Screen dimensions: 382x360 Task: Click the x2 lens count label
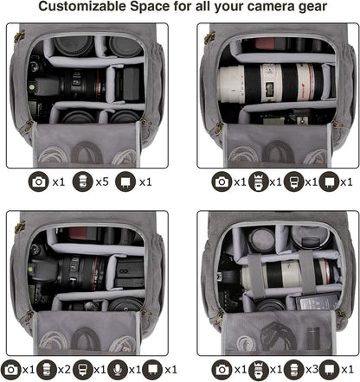(x=63, y=369)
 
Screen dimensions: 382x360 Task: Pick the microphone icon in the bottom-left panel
(x=116, y=369)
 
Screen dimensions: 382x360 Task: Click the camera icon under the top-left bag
(x=38, y=182)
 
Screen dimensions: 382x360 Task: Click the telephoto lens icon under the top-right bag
(x=255, y=182)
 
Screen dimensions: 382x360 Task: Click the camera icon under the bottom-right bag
(x=223, y=369)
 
